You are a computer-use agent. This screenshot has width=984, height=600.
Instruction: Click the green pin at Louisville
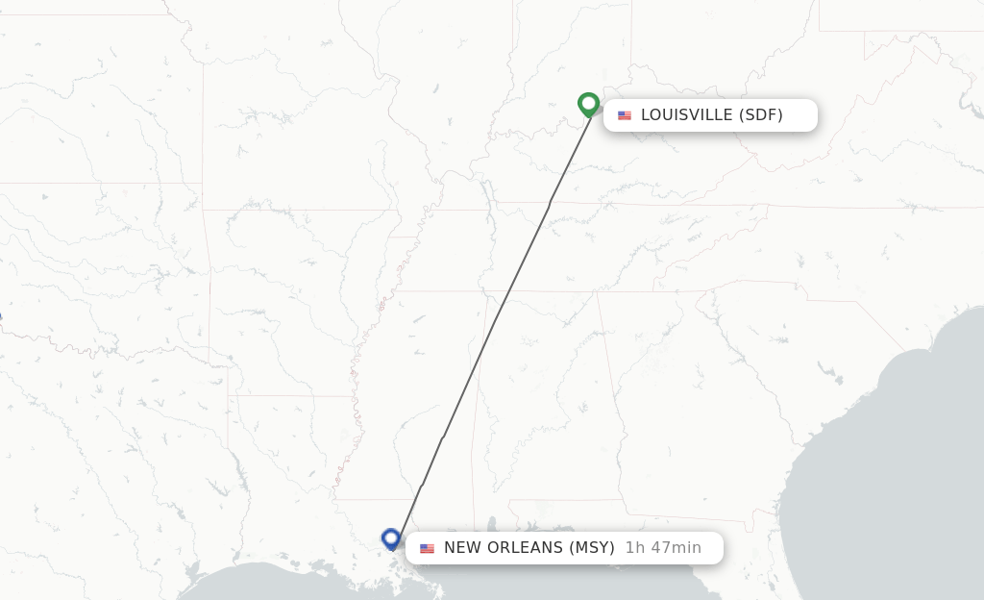pyautogui.click(x=589, y=104)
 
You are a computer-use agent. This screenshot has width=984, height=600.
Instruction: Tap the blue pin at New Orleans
pyautogui.click(x=391, y=538)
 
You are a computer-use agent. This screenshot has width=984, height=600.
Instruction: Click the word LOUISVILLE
pyautogui.click(x=686, y=115)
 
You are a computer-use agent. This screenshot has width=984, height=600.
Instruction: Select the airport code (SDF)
pyautogui.click(x=761, y=115)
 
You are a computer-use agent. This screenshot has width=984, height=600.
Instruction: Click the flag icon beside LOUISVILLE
pyautogui.click(x=625, y=115)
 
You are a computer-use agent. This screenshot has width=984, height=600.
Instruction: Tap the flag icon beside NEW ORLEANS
pyautogui.click(x=427, y=548)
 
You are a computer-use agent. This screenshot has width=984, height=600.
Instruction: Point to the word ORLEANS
pyautogui.click(x=528, y=548)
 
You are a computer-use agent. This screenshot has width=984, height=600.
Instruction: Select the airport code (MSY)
pyautogui.click(x=592, y=548)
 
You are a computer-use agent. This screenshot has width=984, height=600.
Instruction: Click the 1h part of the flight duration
pyautogui.click(x=634, y=548)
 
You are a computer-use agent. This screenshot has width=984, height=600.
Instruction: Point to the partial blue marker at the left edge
pyautogui.click(x=1, y=317)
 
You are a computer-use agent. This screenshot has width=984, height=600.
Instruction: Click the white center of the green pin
pyautogui.click(x=589, y=101)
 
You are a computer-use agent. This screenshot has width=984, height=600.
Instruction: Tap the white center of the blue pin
pyautogui.click(x=391, y=536)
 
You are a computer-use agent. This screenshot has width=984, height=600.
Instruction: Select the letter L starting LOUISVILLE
pyautogui.click(x=646, y=115)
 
